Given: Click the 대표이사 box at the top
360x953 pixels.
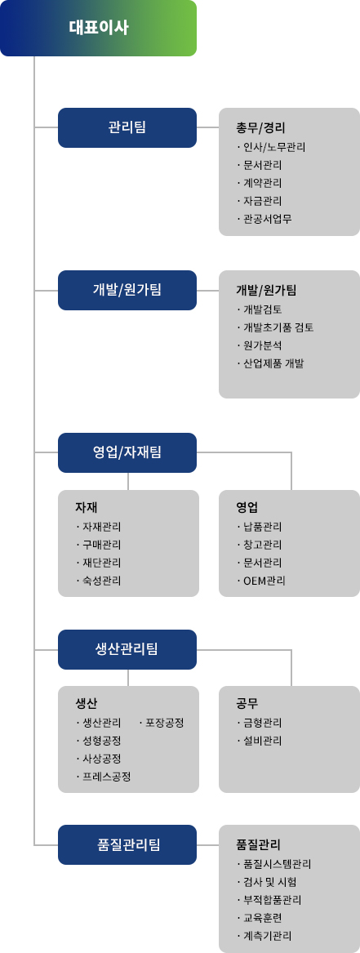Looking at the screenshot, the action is coord(98,28).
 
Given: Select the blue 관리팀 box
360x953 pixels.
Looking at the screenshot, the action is coord(127,127).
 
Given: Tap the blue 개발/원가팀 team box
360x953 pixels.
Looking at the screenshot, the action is coord(127,290).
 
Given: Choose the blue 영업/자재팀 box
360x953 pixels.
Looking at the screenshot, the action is coord(127,452).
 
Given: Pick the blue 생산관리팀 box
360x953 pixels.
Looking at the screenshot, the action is coord(127,649).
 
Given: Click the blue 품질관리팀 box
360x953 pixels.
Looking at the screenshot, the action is coord(127,844).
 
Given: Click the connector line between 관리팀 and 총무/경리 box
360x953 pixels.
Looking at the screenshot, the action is coord(207,127).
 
